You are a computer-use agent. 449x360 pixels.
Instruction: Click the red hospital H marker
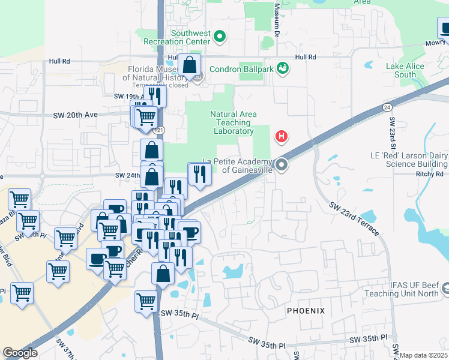[280, 137]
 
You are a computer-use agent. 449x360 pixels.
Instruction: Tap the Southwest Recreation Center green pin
[220, 37]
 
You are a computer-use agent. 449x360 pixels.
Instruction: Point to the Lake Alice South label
[405, 70]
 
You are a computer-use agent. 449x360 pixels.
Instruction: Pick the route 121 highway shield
[158, 130]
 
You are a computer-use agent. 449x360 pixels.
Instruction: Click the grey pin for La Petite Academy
[280, 164]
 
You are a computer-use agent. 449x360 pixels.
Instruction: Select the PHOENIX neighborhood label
[306, 311]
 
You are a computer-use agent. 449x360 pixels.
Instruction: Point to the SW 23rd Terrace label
[354, 219]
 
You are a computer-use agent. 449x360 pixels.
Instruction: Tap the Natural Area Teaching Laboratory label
[234, 122]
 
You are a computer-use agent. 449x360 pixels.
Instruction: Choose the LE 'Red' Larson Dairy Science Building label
[408, 159]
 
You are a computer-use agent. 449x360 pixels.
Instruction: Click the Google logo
[20, 352]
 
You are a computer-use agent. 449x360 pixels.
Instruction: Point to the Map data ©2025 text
[423, 355]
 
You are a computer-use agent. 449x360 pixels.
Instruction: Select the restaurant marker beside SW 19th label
[156, 95]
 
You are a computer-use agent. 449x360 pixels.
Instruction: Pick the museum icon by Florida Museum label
[199, 76]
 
